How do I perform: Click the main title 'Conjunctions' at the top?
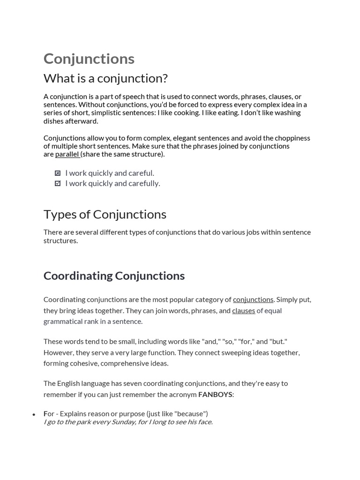coord(89,59)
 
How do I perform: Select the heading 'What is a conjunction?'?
coord(105,78)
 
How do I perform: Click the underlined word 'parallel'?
coord(67,154)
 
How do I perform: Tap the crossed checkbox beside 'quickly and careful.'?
coord(58,173)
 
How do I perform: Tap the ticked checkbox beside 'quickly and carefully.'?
coord(58,183)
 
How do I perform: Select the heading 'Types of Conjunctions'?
coord(105,214)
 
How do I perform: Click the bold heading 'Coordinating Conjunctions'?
coord(114,276)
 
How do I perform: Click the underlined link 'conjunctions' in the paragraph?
coord(253,300)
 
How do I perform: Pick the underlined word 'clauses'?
coord(244,310)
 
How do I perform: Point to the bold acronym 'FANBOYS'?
coord(215,394)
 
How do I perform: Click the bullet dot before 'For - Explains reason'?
coord(34,414)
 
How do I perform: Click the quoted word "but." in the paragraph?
coord(278,341)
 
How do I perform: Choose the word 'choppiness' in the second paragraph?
coord(292,138)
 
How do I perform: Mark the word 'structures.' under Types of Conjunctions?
coord(61,240)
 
